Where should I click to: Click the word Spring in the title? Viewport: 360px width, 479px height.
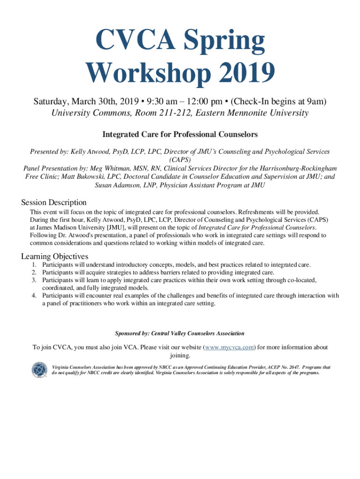click(223, 41)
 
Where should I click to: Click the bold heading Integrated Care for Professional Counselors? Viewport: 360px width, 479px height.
click(180, 135)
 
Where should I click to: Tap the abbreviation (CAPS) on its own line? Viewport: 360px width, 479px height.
click(180, 160)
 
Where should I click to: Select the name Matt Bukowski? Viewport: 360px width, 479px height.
click(79, 177)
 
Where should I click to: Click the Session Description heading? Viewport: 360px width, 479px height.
click(54, 203)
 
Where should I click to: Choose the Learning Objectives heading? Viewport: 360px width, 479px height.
click(55, 256)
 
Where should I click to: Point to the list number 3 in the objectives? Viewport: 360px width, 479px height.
click(34, 280)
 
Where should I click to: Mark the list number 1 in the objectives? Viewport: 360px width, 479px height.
click(34, 265)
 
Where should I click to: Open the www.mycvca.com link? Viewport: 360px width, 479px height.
click(230, 348)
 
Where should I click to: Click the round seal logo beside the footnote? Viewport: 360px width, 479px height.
click(39, 370)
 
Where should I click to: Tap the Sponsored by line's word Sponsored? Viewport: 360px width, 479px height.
click(128, 334)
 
